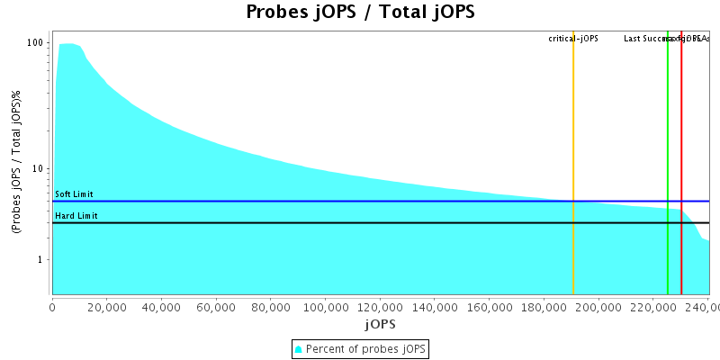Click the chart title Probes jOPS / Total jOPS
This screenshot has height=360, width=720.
[x=360, y=13]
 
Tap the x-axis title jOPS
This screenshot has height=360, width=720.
[x=380, y=323]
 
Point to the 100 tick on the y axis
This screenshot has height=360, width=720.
[x=36, y=43]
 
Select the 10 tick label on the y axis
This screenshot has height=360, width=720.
[x=39, y=169]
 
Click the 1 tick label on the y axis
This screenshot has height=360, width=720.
[x=42, y=260]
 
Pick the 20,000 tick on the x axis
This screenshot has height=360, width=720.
[x=107, y=306]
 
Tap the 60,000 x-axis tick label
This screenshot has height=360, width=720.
[x=216, y=306]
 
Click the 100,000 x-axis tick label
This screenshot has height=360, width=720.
[x=325, y=306]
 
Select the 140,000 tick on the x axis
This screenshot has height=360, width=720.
[x=435, y=306]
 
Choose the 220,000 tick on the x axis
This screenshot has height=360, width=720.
[x=653, y=306]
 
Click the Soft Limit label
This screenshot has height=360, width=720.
[x=74, y=194]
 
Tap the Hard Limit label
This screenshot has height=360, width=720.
[x=76, y=216]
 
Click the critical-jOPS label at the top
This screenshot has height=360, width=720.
[x=573, y=39]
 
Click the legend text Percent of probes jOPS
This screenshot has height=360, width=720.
[x=366, y=348]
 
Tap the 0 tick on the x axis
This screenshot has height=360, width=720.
[x=52, y=306]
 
